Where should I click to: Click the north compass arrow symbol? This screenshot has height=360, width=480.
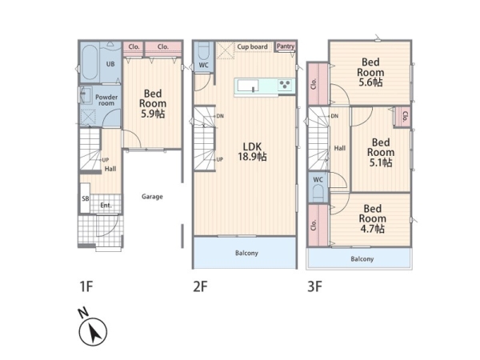pos(93,332)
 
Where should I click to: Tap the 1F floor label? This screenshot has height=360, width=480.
pos(86,287)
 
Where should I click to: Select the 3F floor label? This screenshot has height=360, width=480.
pos(314,287)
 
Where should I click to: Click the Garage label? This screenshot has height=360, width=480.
pos(152,197)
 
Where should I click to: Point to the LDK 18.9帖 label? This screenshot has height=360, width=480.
pos(253,151)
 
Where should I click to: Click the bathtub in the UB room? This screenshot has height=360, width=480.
pos(90,62)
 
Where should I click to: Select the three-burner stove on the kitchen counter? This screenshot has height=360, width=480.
pos(286,85)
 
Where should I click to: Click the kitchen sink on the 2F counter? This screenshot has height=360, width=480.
pos(248,86)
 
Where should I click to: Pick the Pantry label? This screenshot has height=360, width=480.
pos(286,46)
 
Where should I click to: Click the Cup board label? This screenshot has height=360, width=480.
pos(252,47)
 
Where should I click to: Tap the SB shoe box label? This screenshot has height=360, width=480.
pos(86,198)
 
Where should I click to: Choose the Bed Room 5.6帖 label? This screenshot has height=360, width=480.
pos(370,72)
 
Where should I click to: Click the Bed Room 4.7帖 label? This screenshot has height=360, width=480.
pos(372,218)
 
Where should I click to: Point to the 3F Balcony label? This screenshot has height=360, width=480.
pos(362,259)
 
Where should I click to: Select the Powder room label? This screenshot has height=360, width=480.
pos(106,100)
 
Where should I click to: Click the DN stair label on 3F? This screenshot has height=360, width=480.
pos(334,116)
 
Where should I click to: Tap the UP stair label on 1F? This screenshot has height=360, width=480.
pos(106,160)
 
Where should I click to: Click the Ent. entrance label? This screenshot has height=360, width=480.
pos(106,205)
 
